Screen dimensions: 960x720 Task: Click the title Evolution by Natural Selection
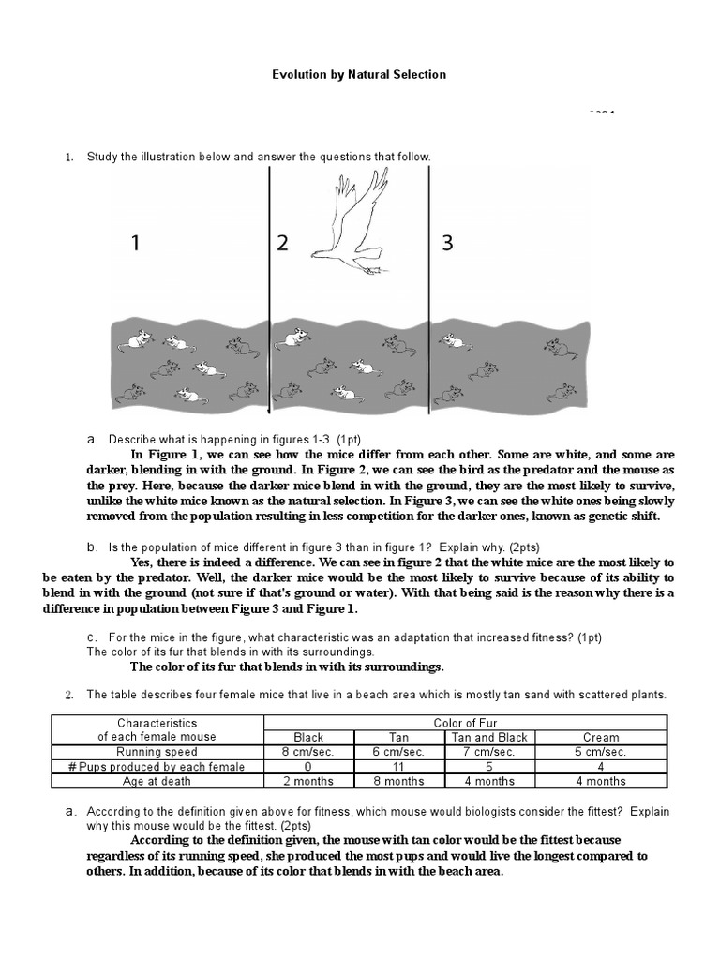click(359, 74)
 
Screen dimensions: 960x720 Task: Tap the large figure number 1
click(136, 244)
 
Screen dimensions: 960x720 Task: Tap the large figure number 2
click(282, 244)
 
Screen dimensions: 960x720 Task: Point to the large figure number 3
click(447, 244)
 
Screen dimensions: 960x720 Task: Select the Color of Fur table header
click(465, 723)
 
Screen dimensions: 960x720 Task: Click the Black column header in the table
click(308, 737)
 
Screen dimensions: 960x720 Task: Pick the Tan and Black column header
click(484, 737)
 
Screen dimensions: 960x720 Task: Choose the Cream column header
click(601, 737)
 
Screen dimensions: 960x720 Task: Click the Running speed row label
click(157, 752)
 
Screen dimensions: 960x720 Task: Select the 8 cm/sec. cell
click(308, 752)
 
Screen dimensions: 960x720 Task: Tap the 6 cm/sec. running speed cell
click(398, 752)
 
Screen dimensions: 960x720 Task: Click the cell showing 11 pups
click(398, 767)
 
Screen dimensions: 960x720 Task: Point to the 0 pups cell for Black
click(308, 767)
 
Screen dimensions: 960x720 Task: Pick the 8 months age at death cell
click(398, 781)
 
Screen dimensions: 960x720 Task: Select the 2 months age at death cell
click(308, 781)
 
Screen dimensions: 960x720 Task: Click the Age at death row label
click(157, 781)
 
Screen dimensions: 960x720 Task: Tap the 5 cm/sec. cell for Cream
click(601, 752)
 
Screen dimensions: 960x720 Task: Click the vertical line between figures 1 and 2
click(271, 281)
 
